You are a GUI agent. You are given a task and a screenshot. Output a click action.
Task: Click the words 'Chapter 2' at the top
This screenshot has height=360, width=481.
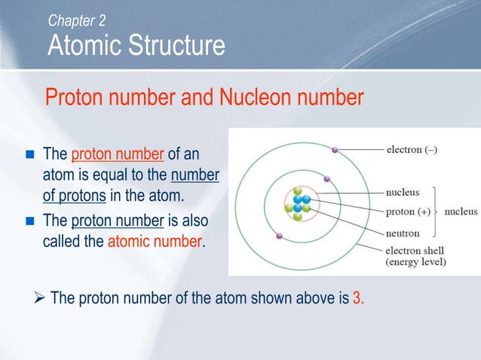[x=78, y=20]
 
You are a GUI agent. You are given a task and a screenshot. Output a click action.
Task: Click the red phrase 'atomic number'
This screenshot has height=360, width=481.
[x=155, y=243]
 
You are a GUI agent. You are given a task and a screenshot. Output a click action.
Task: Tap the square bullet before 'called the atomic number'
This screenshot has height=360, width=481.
[x=30, y=224]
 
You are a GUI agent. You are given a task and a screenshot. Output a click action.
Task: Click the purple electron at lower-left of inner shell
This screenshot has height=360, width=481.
[x=280, y=236]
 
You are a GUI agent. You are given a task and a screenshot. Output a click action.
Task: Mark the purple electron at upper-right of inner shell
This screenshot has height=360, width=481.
[x=326, y=178]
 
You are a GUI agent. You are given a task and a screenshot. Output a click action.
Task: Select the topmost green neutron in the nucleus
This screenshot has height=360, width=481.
[x=298, y=191]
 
